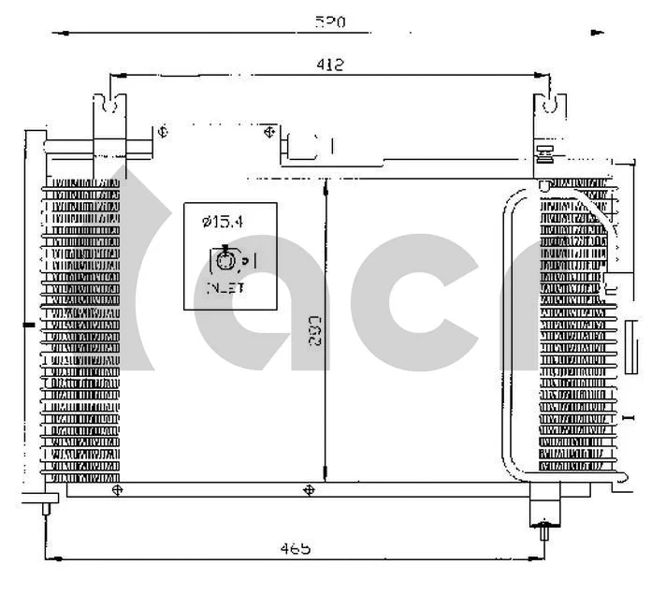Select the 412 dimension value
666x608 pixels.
point(328,65)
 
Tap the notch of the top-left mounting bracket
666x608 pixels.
point(110,104)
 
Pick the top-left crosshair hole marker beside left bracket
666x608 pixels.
point(162,131)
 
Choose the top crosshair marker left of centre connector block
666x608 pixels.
point(269,131)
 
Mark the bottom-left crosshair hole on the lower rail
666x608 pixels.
point(116,489)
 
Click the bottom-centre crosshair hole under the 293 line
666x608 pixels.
point(310,489)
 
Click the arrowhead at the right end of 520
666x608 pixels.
point(599,33)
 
